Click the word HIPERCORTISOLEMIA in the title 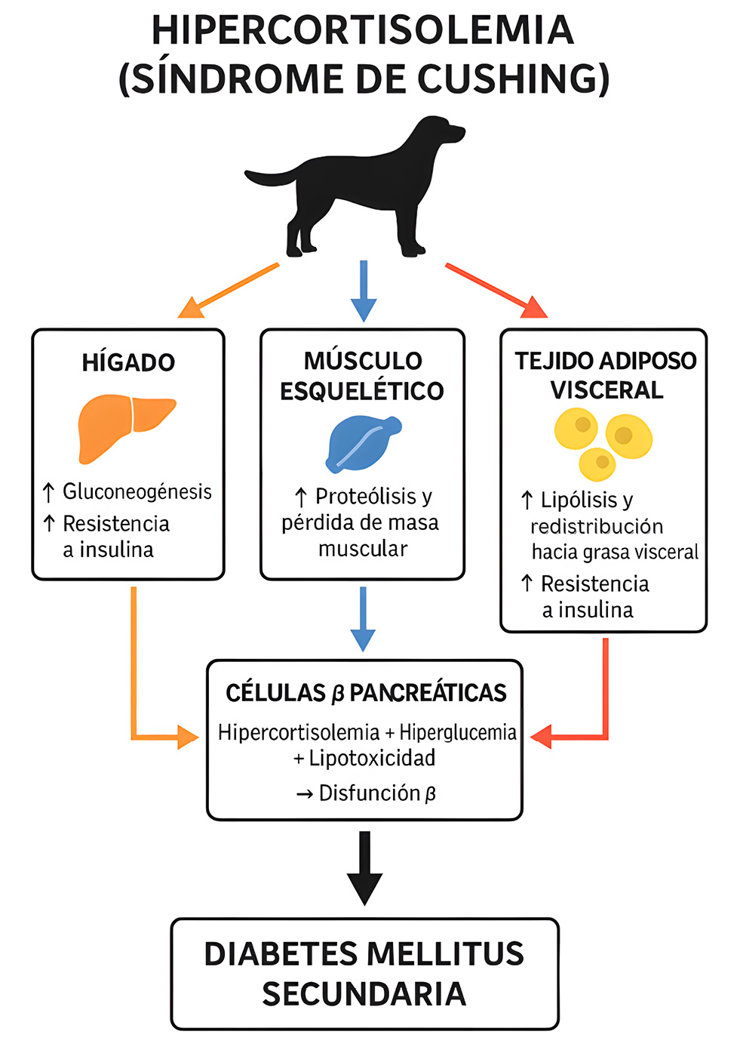(x=363, y=30)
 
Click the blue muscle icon (x=363, y=443)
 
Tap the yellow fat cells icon (x=603, y=442)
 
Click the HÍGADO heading (x=128, y=362)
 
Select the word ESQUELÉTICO (x=362, y=391)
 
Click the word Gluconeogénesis (x=137, y=491)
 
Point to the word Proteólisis (x=366, y=496)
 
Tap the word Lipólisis (x=579, y=500)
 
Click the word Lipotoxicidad (x=372, y=758)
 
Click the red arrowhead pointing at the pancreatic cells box (x=542, y=736)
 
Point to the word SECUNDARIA (x=364, y=994)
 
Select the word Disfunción (x=370, y=793)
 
